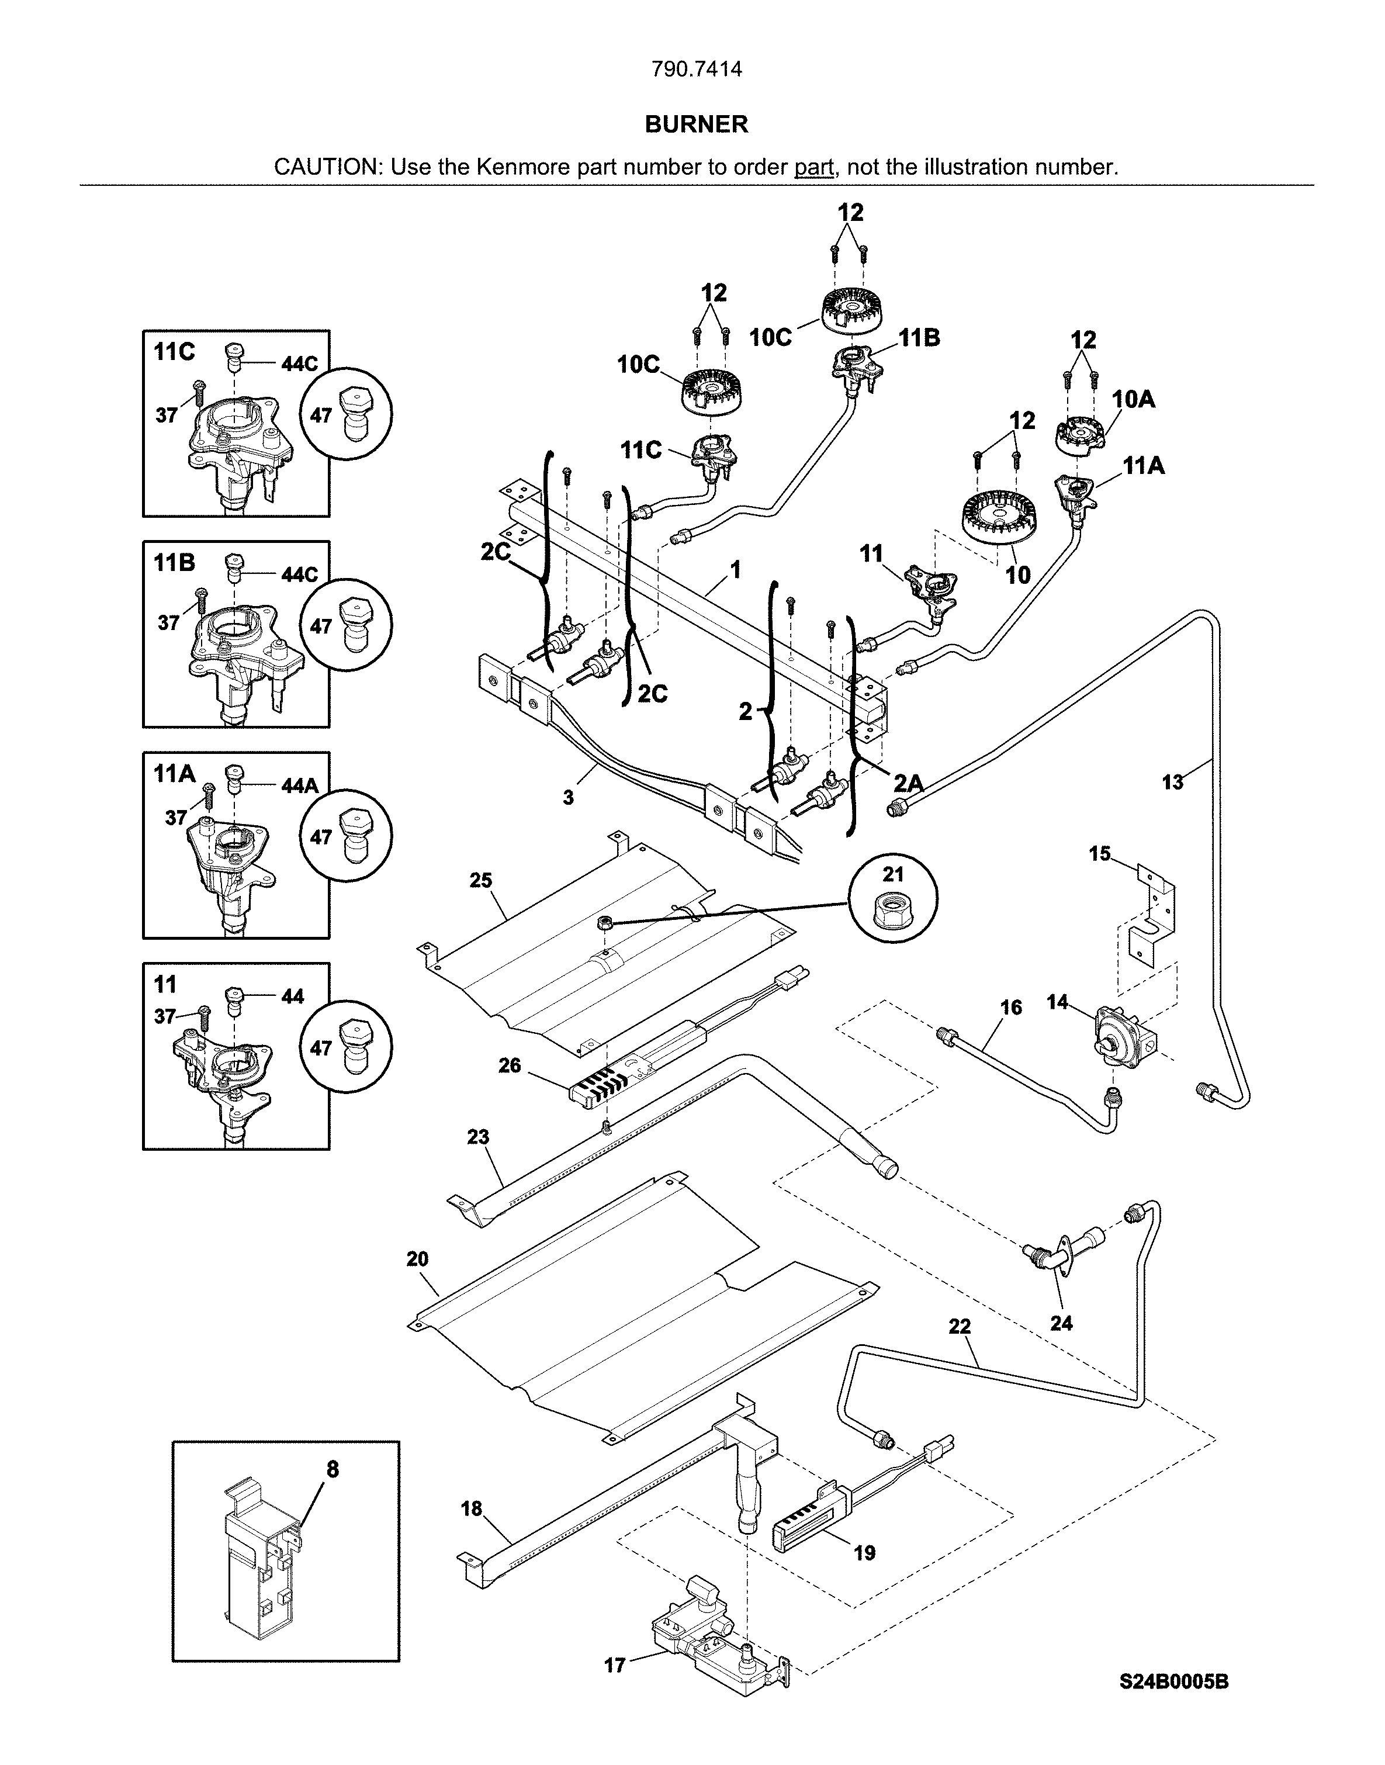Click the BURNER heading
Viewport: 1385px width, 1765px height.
pos(696,124)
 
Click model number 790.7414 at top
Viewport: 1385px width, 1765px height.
pos(697,70)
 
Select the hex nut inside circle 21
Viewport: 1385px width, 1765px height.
pos(893,909)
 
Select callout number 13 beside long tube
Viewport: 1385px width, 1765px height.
pos(1172,783)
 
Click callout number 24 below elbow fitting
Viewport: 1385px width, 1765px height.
pos(1061,1323)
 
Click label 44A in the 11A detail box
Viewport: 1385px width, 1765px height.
pos(299,785)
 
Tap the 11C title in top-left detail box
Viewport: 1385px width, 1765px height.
pos(174,352)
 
